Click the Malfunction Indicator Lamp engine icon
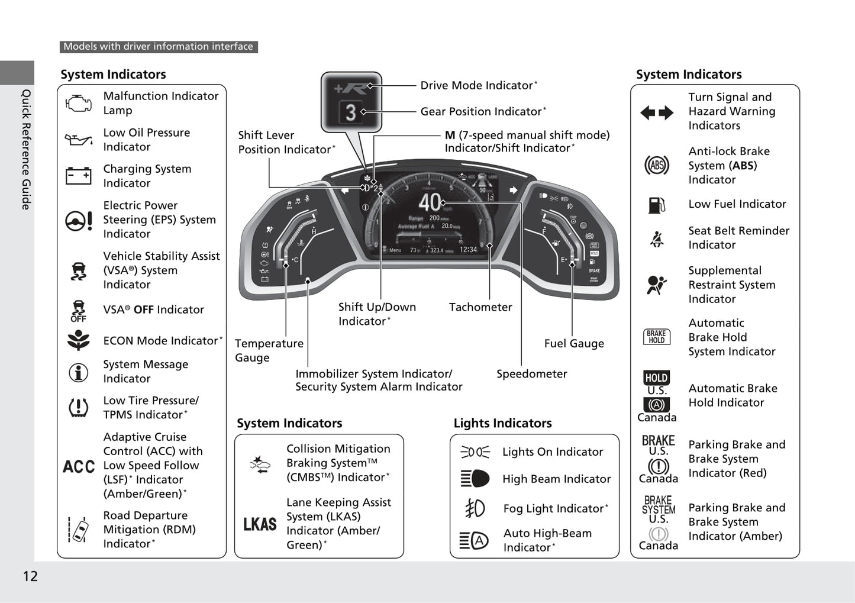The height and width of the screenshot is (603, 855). tap(78, 103)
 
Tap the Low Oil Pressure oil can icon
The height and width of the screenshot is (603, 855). tap(78, 140)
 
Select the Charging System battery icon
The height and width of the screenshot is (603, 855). tap(78, 176)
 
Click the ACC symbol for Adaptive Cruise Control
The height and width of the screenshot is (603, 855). tap(79, 466)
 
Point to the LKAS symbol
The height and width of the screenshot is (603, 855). tap(260, 524)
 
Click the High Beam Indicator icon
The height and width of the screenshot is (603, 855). tap(475, 479)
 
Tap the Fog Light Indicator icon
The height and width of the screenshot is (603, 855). tap(475, 508)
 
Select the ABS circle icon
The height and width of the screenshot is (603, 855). tap(657, 165)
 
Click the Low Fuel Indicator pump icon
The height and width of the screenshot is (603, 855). tap(657, 205)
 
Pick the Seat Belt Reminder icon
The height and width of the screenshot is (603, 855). tap(657, 238)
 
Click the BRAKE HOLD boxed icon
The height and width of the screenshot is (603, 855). tap(657, 337)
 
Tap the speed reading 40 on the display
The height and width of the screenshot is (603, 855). tap(430, 202)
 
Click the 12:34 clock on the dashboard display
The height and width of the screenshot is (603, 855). tap(468, 250)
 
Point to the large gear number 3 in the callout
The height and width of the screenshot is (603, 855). tap(351, 112)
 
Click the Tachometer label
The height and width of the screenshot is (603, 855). tap(480, 307)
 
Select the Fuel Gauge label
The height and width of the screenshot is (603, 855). tap(574, 343)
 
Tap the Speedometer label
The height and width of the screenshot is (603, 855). tap(531, 374)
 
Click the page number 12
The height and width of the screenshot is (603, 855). tap(30, 576)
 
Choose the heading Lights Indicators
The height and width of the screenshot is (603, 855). tap(502, 423)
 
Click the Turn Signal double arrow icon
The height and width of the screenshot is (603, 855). tap(657, 112)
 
